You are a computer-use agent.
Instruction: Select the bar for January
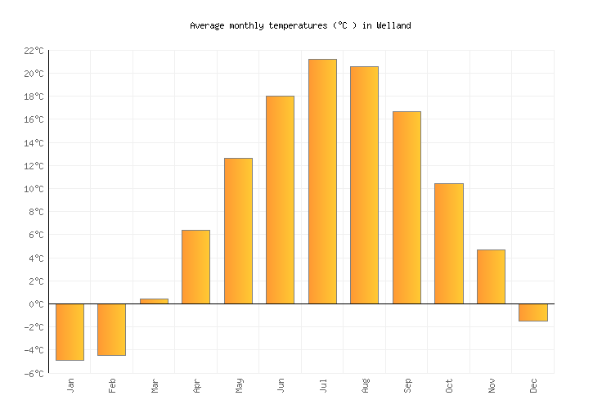(70, 331)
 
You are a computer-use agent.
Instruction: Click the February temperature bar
(111, 329)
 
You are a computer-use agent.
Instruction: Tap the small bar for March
(154, 301)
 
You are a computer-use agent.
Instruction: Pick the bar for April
(195, 267)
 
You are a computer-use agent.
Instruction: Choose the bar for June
(280, 200)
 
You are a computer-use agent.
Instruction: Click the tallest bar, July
(322, 181)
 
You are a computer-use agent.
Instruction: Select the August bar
(364, 185)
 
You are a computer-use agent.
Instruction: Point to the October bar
(448, 243)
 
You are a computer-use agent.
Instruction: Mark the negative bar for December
(532, 312)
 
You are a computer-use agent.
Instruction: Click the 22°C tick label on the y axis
(34, 51)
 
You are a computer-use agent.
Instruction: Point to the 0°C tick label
(36, 304)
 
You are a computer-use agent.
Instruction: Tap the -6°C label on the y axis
(34, 373)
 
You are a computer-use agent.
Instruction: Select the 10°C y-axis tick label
(34, 189)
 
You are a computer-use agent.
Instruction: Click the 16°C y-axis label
(34, 119)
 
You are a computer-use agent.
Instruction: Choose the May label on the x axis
(239, 384)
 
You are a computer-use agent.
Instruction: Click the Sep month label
(407, 384)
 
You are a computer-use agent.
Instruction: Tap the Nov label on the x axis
(491, 384)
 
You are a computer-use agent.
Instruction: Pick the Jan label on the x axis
(70, 384)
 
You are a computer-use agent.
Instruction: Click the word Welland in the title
(393, 25)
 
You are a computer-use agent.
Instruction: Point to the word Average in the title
(207, 25)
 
